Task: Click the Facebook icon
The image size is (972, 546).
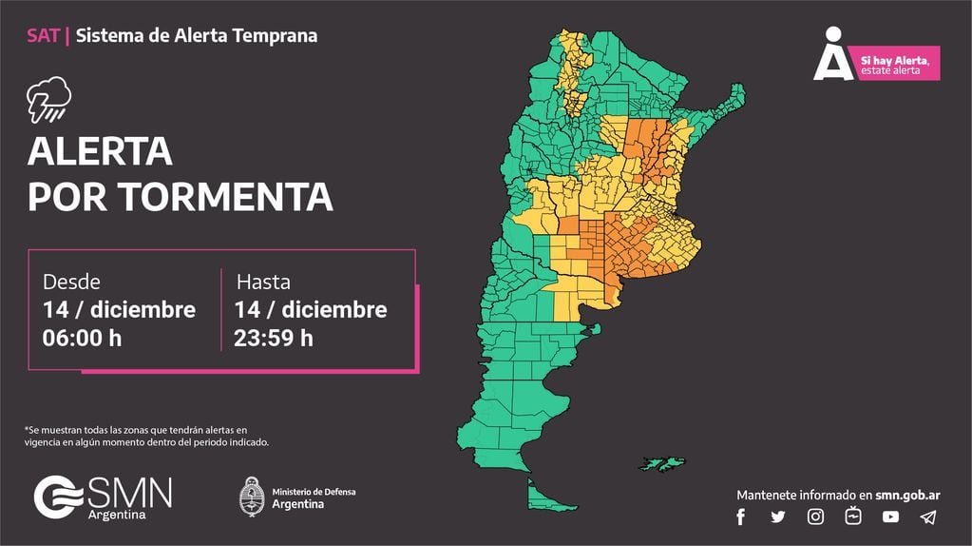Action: point(741,517)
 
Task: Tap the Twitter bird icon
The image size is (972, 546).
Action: point(778,517)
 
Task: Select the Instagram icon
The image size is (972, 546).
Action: point(815,517)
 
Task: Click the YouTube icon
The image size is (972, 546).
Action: point(890,517)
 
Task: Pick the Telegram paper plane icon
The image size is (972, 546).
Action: point(928,517)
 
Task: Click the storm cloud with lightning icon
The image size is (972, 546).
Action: point(48,100)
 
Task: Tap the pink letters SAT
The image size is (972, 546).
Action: point(43,36)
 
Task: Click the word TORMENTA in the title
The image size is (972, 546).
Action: point(225,197)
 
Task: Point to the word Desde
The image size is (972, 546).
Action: point(71,282)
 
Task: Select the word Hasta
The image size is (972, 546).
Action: point(263,282)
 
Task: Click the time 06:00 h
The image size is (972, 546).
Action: point(82,338)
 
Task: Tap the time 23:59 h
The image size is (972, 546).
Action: point(274,338)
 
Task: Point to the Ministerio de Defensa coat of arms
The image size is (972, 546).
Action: point(251,496)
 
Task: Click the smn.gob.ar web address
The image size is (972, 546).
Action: point(906,495)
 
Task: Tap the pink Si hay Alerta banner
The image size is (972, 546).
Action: point(897,64)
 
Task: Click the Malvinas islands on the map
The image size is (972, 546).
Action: point(661,463)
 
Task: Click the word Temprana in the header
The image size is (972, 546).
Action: point(277,36)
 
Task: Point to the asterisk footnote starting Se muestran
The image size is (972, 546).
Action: point(147,437)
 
